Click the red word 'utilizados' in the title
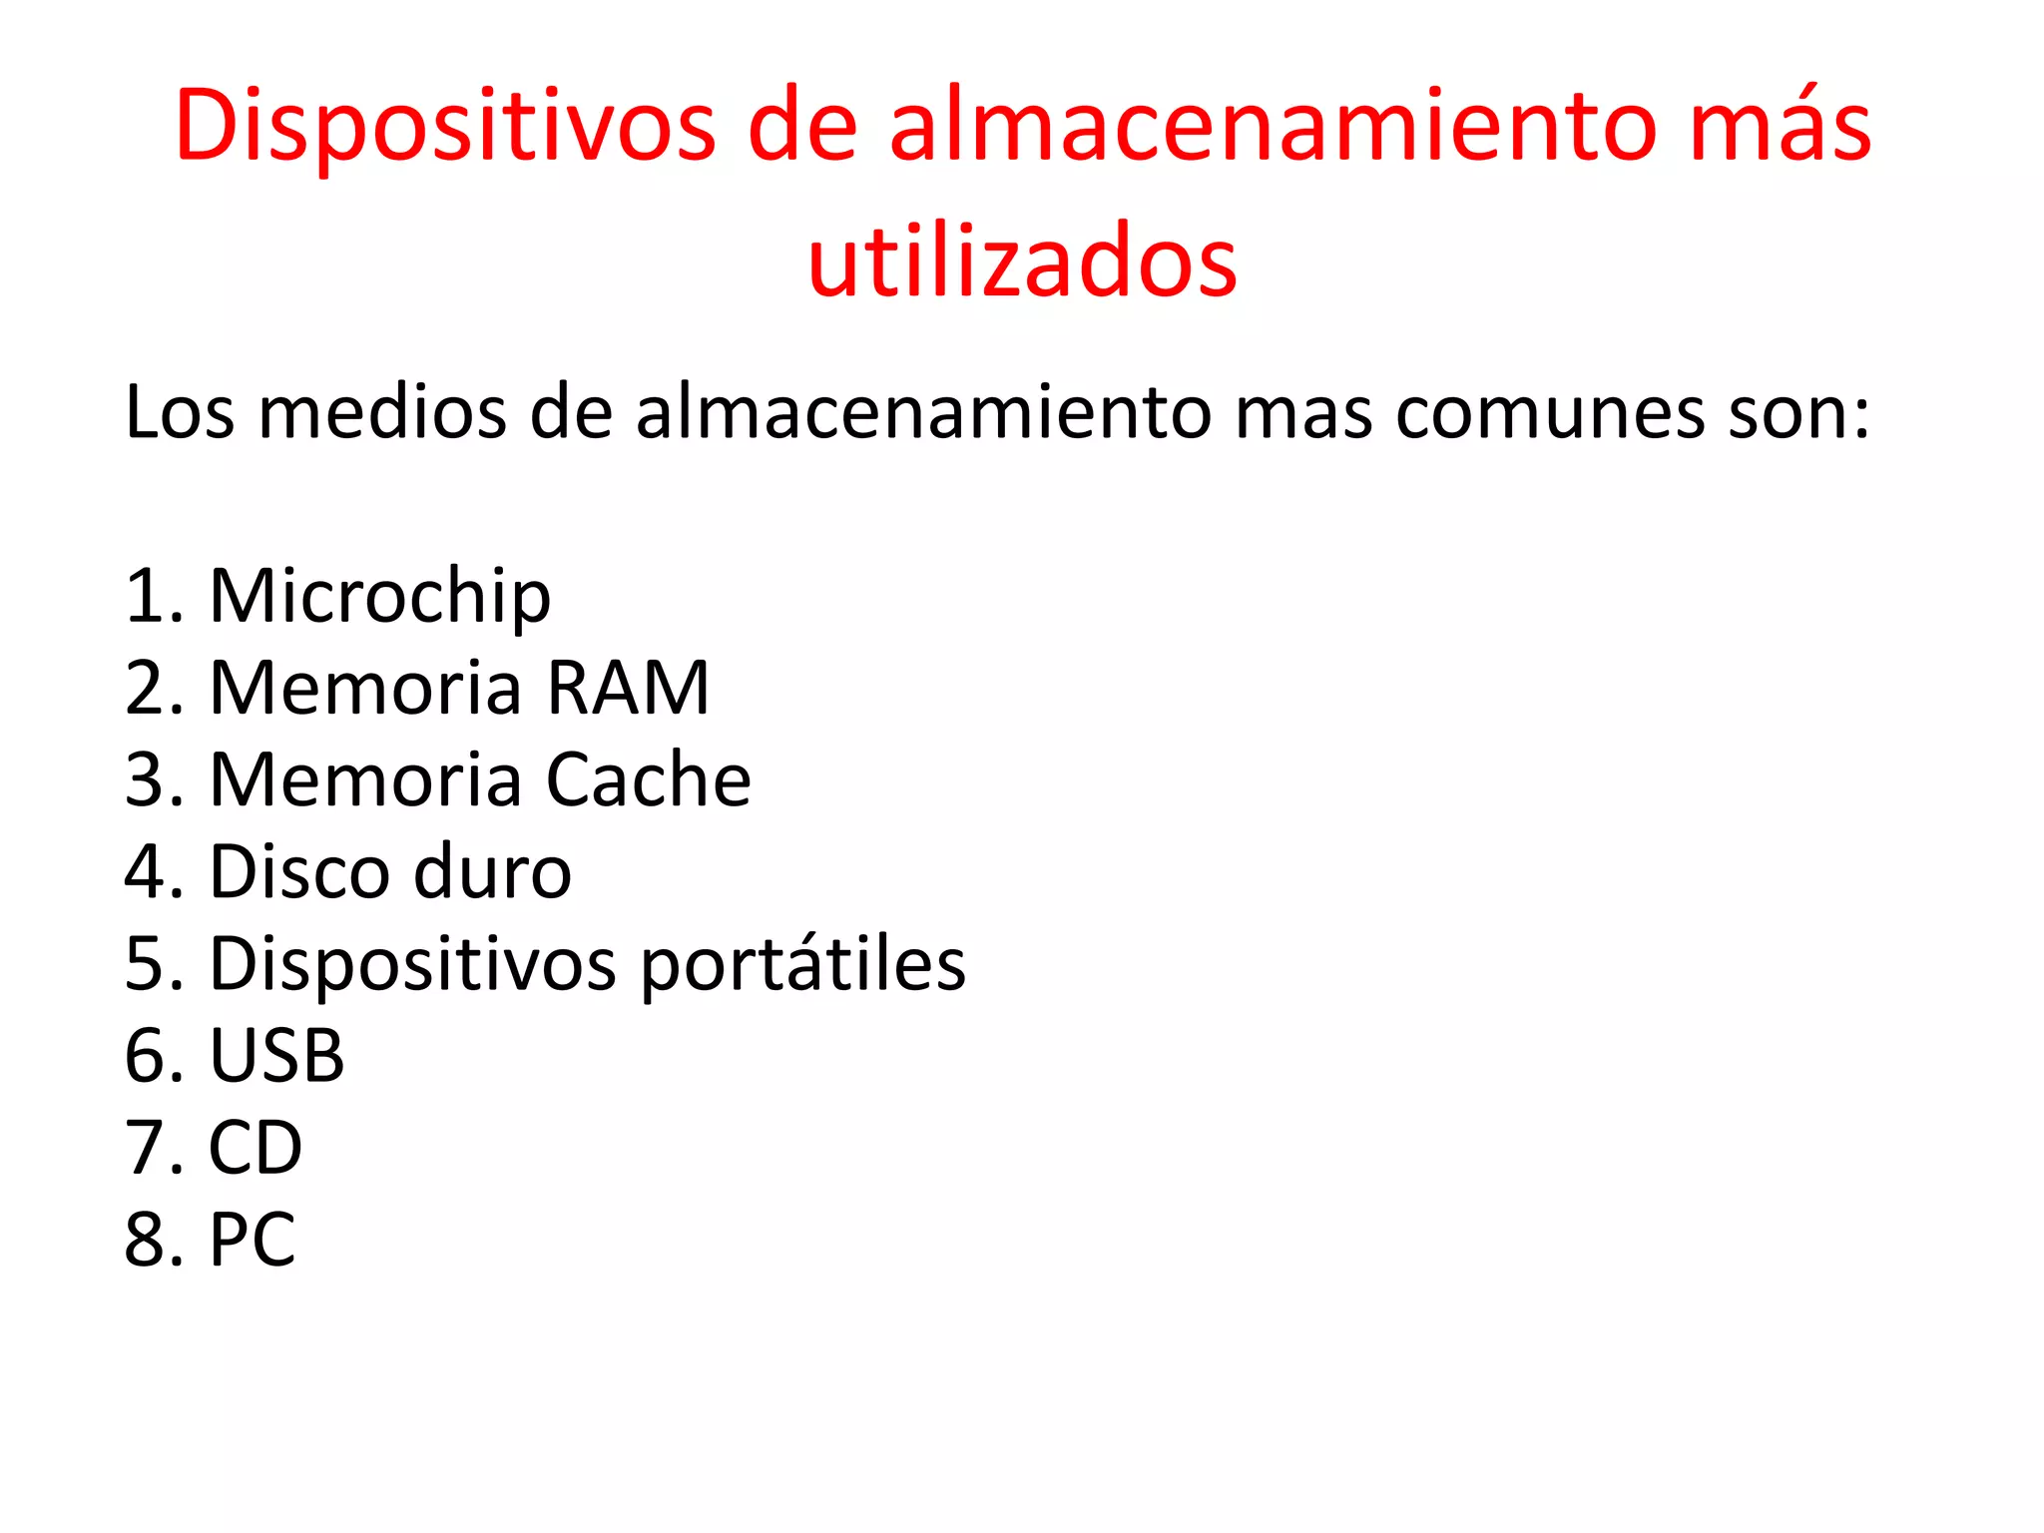1022,260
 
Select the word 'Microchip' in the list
379,597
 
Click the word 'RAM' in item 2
628,689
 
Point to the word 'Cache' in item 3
648,780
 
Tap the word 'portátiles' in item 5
802,965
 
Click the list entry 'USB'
276,1056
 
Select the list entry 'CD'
255,1148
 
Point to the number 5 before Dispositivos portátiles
145,965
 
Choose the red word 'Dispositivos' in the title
445,126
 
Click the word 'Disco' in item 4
299,872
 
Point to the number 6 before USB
145,1056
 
